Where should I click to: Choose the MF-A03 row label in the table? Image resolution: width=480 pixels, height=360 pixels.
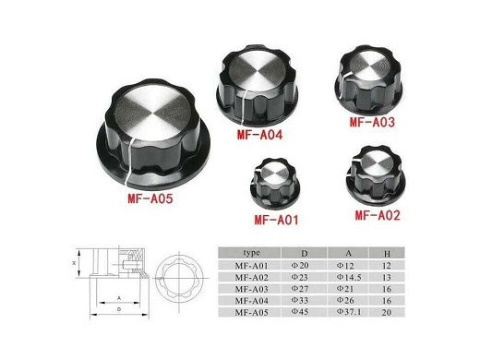click(x=251, y=288)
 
